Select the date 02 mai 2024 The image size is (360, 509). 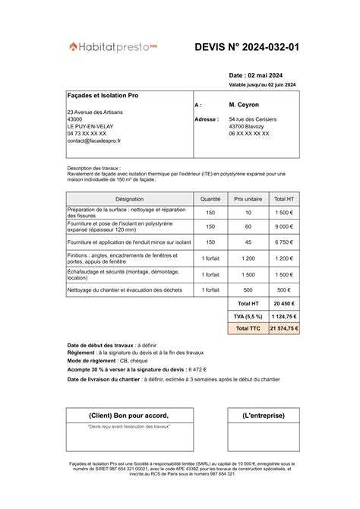257,76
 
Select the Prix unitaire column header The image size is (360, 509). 248,198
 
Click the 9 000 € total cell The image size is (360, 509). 283,226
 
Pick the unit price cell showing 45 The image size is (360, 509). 248,242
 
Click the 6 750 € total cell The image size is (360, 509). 283,242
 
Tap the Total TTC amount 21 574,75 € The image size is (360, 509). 283,329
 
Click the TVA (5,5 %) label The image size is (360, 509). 248,316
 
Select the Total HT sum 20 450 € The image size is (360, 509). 283,303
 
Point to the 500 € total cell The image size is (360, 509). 283,290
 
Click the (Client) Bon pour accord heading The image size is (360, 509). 128,415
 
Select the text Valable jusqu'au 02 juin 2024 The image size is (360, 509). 262,85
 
